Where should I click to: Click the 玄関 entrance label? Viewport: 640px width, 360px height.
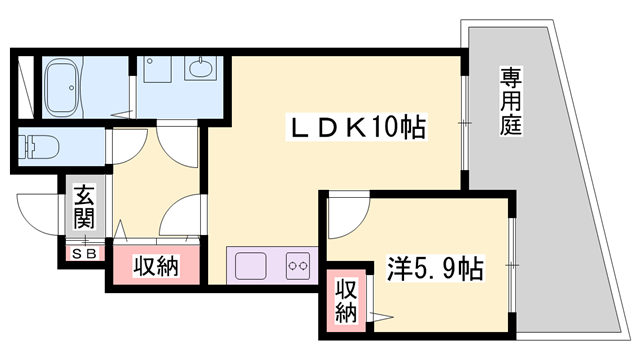coord(82,207)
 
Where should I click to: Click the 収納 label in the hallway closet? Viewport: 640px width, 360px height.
coord(155,267)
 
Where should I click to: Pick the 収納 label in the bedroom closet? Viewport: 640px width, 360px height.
coord(346,300)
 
